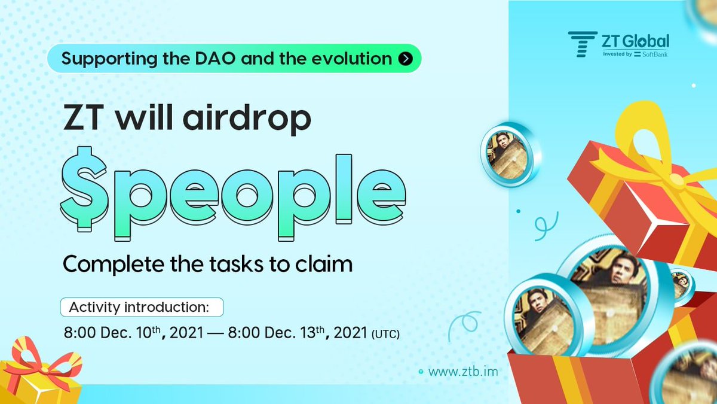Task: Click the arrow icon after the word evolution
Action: click(406, 59)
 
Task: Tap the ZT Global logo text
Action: click(635, 41)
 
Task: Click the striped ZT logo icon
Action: click(582, 44)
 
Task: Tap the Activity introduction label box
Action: click(142, 307)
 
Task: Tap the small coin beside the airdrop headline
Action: click(508, 154)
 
